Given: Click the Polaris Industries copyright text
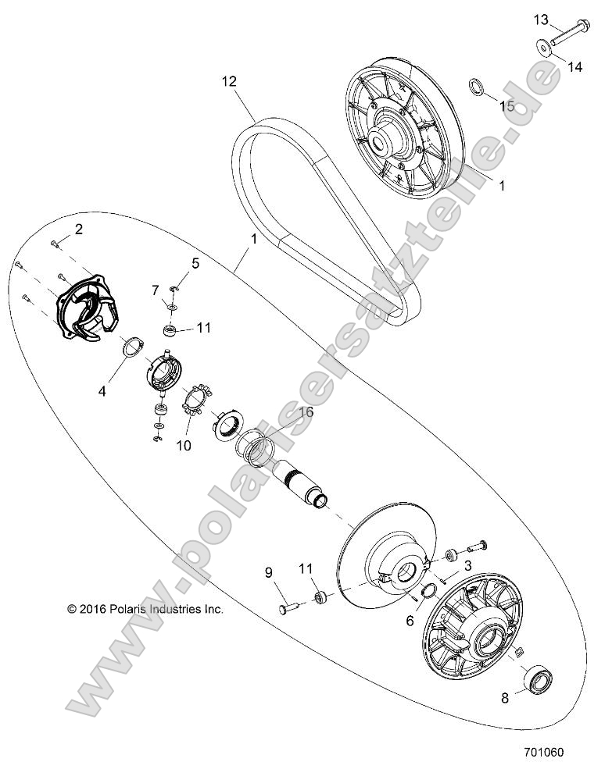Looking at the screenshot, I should coord(146,609).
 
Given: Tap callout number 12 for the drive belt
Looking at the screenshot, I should coord(229,81).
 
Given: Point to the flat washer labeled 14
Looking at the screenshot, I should coord(542,48).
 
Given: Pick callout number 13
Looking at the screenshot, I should coord(542,18).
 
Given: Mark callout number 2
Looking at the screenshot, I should coord(78,228).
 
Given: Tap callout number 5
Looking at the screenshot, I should coord(195,263).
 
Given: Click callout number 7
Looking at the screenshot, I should coord(156,290).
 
